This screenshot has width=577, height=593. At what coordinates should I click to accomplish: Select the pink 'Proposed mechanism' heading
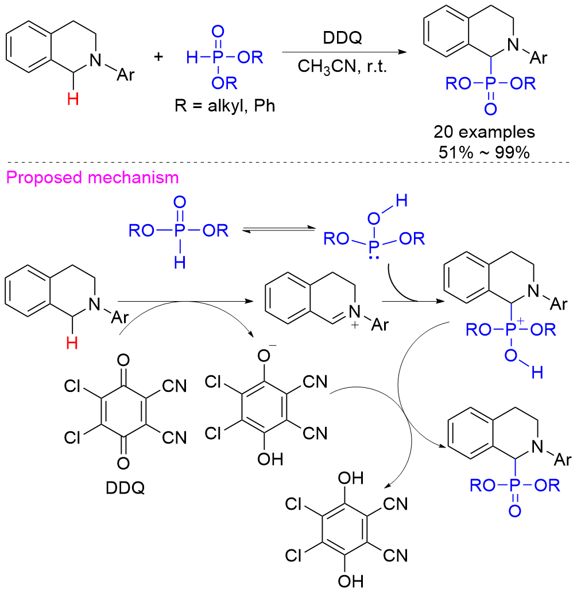(90, 178)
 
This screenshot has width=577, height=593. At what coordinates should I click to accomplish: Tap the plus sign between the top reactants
(158, 57)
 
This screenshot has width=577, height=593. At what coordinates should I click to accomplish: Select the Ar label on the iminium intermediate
(381, 325)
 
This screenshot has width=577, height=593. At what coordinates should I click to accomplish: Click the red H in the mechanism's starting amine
(72, 343)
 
